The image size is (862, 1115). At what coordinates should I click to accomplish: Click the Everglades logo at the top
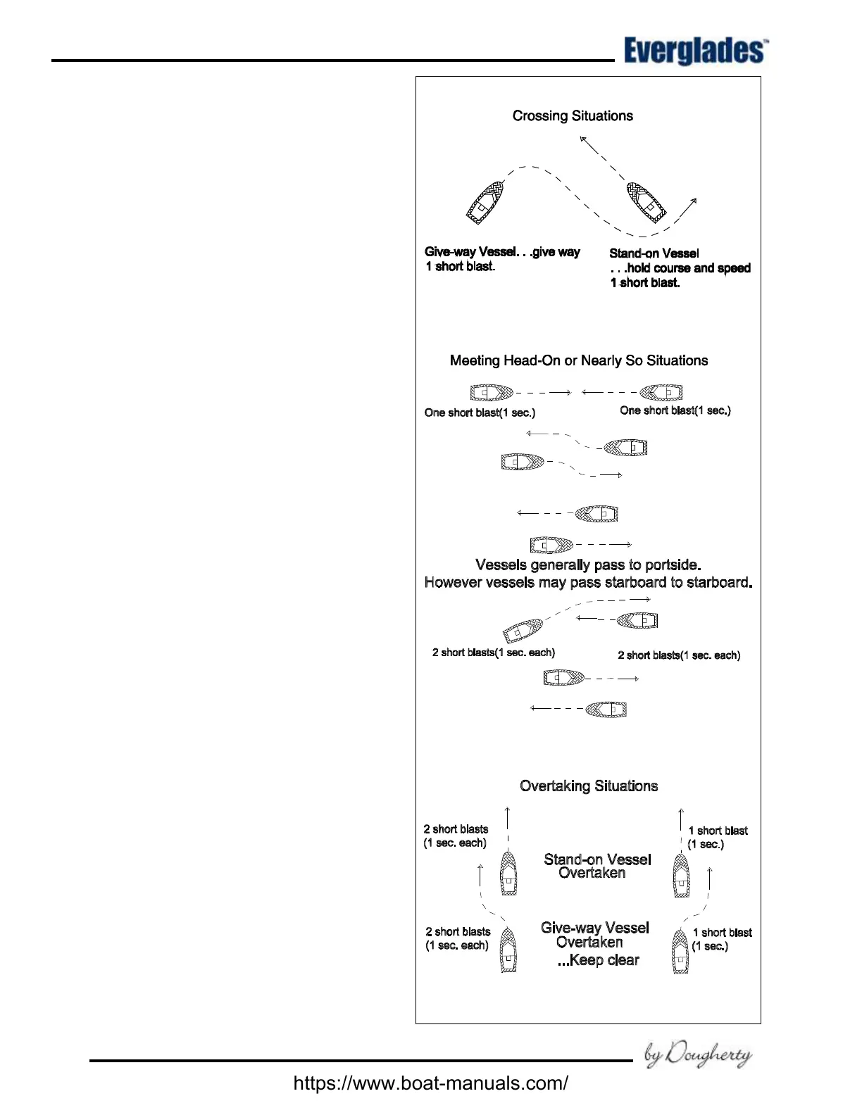click(694, 51)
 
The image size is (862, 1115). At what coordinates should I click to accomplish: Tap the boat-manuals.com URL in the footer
click(430, 1083)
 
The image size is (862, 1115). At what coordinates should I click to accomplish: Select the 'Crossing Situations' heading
click(573, 116)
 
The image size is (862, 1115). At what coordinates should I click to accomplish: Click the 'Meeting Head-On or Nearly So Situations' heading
click(579, 360)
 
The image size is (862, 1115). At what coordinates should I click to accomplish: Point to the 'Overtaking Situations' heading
click(589, 786)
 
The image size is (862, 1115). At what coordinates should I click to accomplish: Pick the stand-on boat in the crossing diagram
click(646, 203)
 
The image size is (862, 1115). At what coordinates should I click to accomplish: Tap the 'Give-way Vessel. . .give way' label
click(502, 252)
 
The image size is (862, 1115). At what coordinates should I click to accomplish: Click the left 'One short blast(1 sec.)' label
click(480, 412)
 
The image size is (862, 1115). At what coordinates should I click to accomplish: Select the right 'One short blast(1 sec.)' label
click(675, 410)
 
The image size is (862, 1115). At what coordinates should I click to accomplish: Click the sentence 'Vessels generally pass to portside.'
click(588, 565)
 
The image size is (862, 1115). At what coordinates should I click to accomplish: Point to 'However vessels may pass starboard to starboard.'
click(588, 583)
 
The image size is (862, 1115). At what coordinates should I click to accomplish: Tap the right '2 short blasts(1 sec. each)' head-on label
click(679, 655)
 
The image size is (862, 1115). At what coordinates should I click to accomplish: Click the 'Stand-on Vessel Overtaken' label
click(596, 866)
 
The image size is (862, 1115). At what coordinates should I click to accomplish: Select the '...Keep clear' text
click(598, 960)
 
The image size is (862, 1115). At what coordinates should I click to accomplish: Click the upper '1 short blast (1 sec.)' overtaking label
click(717, 837)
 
